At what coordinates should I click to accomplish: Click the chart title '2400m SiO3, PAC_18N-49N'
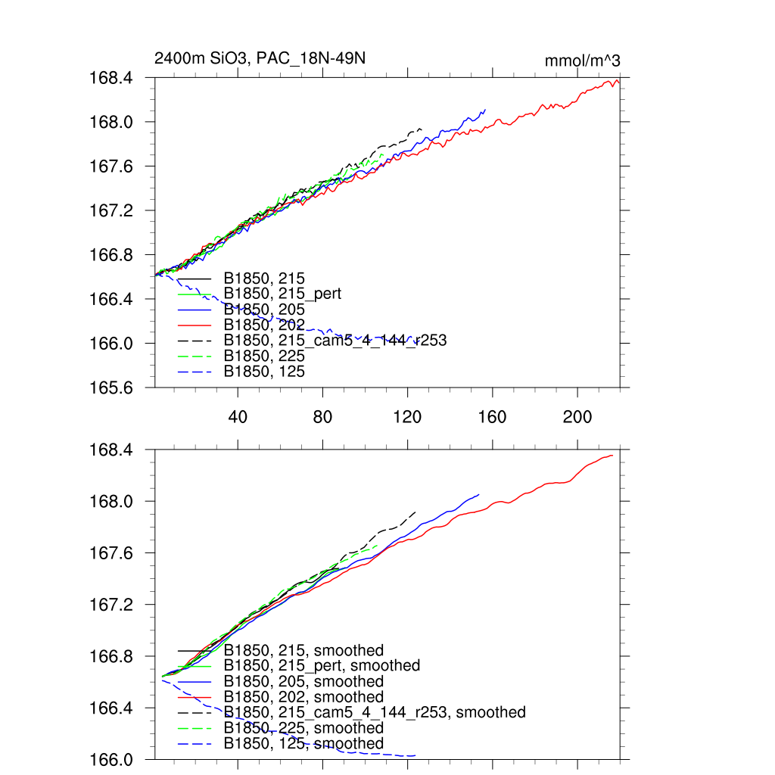click(261, 59)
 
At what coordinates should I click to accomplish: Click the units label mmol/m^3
click(583, 61)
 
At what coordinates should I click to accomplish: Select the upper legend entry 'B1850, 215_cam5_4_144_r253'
click(335, 341)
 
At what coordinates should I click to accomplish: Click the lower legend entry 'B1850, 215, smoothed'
click(303, 650)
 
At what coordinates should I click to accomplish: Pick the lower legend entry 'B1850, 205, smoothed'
click(303, 681)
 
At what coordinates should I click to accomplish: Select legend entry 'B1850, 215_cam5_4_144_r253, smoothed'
click(374, 712)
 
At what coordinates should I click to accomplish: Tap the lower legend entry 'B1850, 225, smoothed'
click(303, 728)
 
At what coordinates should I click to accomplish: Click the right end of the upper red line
click(620, 82)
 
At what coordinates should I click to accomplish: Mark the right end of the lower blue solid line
click(479, 494)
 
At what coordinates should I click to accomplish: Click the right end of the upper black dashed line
click(421, 129)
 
